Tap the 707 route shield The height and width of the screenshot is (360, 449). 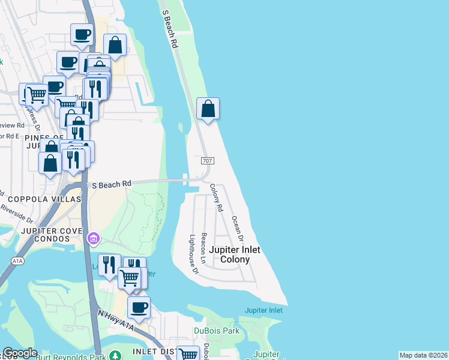click(207, 161)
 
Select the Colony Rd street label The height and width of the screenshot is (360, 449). click(216, 197)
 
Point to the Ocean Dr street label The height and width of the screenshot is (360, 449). click(236, 226)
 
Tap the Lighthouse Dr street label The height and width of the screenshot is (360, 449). click(193, 254)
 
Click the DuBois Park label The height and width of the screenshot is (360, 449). click(216, 331)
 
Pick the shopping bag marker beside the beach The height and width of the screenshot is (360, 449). click(208, 109)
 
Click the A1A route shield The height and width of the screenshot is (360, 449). click(18, 261)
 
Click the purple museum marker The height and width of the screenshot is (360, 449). click(92, 239)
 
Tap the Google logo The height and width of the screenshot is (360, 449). click(20, 353)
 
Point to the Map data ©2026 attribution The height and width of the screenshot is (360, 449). click(423, 355)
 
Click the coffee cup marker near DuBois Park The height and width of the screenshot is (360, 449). click(139, 308)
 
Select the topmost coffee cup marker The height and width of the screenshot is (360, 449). click(82, 34)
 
